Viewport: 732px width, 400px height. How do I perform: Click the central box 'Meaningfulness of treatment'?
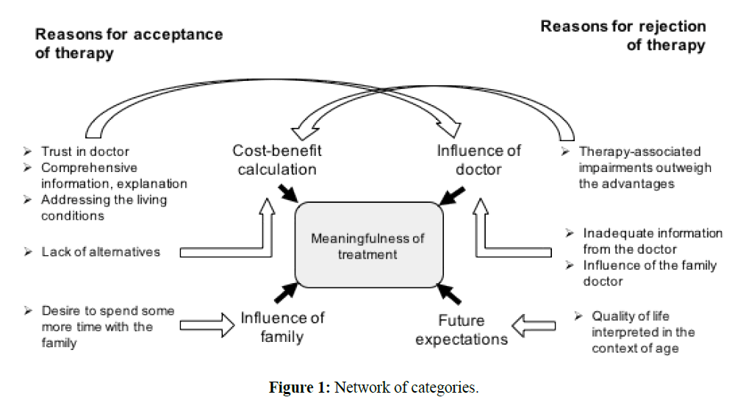point(368,247)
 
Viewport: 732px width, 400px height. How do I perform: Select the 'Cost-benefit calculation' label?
point(277,160)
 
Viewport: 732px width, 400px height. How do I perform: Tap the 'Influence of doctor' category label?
point(478,160)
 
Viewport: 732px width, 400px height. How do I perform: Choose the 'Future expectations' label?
point(462,329)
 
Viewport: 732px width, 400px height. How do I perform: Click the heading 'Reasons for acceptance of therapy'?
point(129,43)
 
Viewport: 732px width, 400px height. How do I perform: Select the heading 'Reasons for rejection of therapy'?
point(623,35)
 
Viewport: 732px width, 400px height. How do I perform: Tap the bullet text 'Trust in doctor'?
point(85,152)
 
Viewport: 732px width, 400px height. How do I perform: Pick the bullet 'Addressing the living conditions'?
point(104,207)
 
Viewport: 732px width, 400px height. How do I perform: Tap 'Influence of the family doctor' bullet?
point(650,273)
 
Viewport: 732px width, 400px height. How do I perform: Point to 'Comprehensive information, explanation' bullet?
point(114,176)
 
